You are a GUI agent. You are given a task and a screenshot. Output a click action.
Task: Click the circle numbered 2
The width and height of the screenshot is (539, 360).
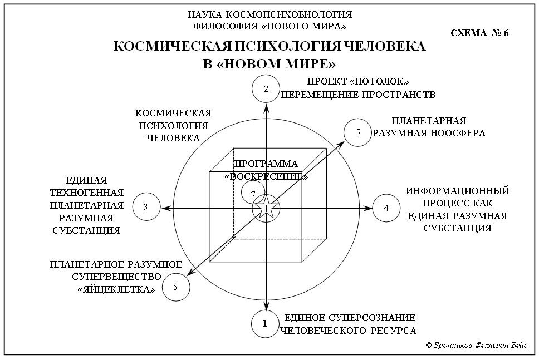pos(266,88)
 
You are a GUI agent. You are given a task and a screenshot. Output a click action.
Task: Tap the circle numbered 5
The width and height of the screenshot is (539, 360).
pos(357,132)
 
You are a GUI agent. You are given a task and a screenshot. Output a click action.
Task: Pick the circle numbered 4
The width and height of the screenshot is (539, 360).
pos(386,208)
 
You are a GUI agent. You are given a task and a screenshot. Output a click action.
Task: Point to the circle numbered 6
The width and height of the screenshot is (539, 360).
pos(176,287)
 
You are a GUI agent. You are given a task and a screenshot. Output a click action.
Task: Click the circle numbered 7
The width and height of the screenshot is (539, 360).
pos(254,194)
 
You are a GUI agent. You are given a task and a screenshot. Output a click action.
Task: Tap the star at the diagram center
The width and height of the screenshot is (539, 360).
pos(266,208)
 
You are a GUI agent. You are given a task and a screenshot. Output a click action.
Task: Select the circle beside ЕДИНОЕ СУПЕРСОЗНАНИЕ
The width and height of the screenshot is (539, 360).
pos(266,323)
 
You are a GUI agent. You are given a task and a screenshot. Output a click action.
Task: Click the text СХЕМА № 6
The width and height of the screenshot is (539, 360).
pos(479,32)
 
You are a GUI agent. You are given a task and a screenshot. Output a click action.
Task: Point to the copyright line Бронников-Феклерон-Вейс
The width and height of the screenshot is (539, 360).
pos(476,345)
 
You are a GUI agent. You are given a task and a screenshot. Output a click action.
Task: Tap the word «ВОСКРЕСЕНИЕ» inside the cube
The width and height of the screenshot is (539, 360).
pos(266,176)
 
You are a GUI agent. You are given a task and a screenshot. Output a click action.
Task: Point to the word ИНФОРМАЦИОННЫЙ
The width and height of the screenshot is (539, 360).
pos(457,191)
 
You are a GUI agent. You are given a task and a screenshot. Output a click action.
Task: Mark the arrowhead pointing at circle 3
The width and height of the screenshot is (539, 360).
pos(165,208)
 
